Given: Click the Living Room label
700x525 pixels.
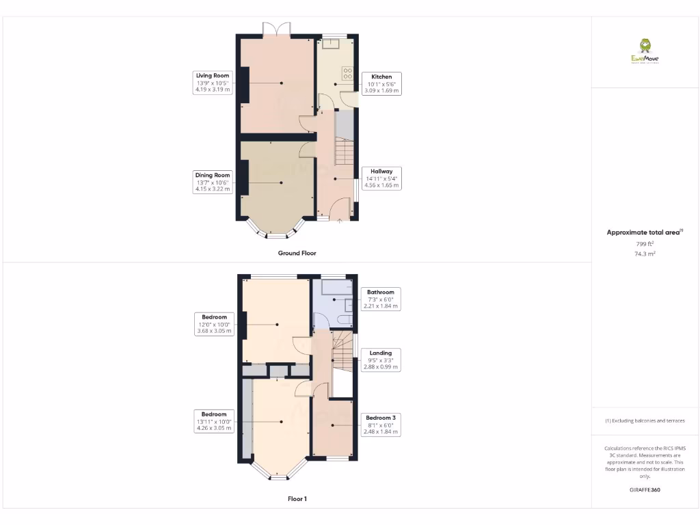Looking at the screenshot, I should point(212,82).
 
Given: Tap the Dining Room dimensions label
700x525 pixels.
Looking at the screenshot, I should point(213,183).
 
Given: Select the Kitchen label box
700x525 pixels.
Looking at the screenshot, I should point(381,83).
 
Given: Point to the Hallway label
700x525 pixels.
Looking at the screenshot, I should point(381,178).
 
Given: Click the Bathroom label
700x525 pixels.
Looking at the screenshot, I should point(380,299).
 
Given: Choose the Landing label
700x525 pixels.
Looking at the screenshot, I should point(380,360).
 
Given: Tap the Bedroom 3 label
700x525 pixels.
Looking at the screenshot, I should point(380,425).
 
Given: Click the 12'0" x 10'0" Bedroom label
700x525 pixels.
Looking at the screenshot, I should point(214,324).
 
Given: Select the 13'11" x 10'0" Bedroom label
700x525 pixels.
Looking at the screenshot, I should point(214,421).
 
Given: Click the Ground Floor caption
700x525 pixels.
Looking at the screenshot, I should point(297,253).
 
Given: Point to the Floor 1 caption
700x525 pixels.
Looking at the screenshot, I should point(297,499).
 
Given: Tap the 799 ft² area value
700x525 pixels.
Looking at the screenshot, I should point(645,243).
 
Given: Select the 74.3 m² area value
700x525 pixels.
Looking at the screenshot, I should point(645,254).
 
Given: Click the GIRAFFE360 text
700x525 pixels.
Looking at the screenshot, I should point(645,490).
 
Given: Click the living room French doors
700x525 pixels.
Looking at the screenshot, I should point(277,29).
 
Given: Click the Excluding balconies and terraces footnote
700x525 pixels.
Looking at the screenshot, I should point(645,421).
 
